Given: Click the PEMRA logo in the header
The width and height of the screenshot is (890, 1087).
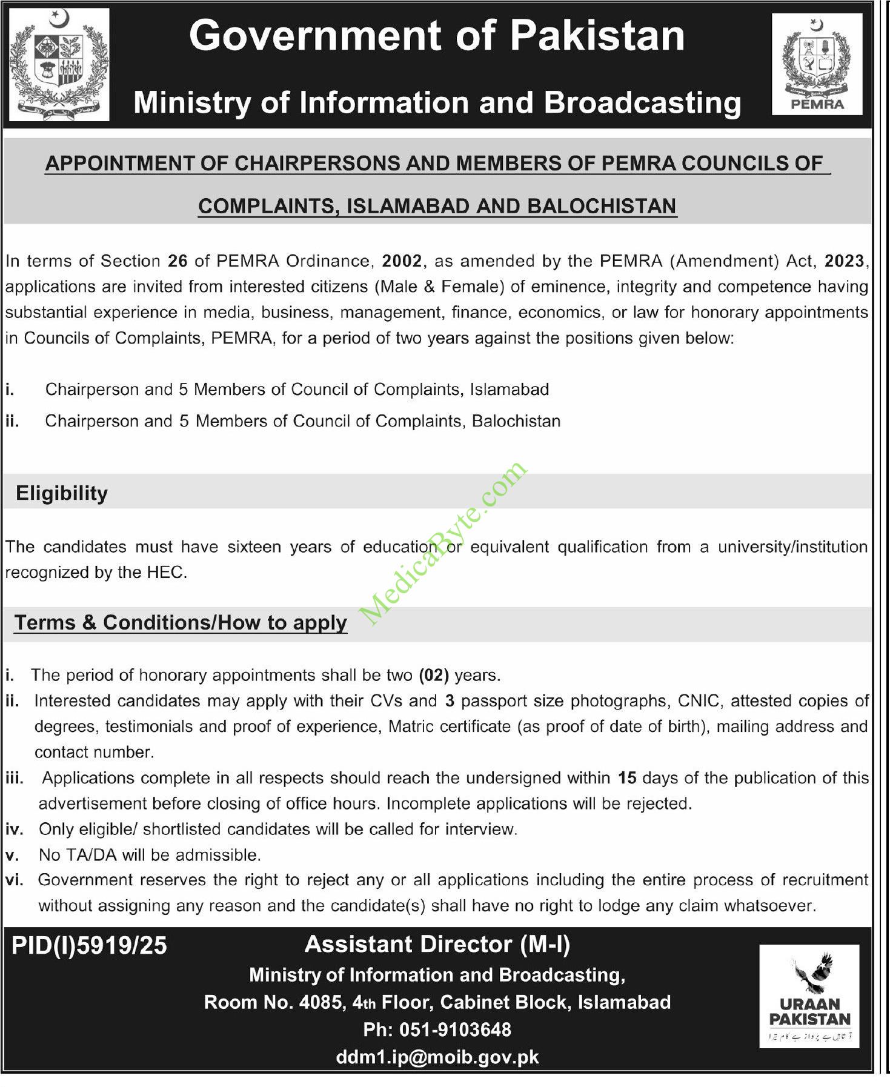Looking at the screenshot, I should click(817, 64).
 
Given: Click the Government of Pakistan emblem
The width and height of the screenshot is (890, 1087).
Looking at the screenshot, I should click(60, 65).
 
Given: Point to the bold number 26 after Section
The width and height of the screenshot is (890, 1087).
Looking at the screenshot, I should click(178, 261).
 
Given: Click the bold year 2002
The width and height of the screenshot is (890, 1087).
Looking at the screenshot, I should click(402, 261).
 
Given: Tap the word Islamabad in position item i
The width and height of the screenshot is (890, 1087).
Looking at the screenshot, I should click(510, 390).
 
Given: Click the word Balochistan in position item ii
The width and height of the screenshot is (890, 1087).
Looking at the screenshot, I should click(516, 421).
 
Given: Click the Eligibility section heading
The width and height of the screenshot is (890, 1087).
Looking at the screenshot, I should click(62, 493).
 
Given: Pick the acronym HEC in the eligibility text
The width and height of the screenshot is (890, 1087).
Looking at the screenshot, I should click(165, 573).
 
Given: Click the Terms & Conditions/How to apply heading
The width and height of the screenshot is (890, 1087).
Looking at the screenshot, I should click(181, 623).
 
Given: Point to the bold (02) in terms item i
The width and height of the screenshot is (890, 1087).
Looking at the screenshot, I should click(433, 675).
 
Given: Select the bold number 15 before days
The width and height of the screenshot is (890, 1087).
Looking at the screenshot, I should click(626, 778).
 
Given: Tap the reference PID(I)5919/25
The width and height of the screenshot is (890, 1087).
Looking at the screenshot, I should click(89, 946).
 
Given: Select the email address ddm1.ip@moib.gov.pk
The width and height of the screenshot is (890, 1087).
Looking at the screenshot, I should click(437, 1057).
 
